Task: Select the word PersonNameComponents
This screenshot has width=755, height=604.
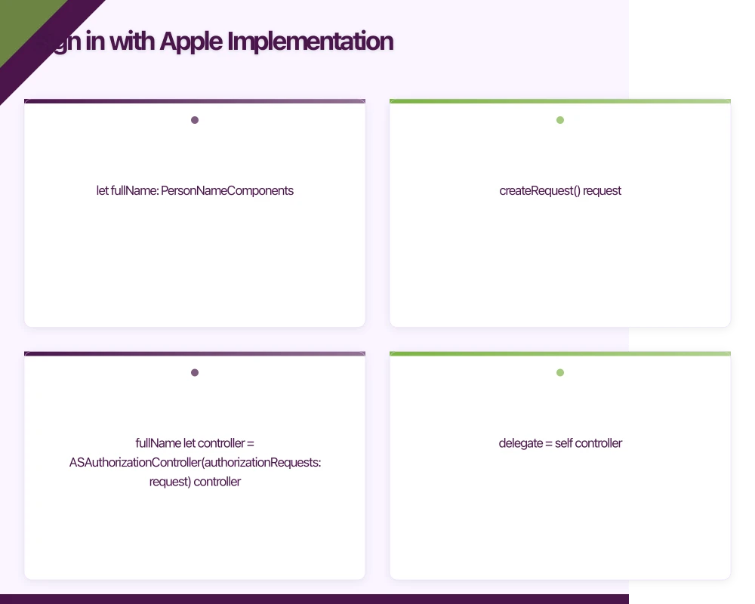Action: point(227,191)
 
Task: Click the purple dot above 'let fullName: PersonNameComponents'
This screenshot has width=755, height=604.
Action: point(195,120)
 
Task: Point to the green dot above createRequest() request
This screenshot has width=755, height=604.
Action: point(560,120)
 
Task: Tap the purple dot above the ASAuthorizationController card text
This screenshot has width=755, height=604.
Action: point(195,372)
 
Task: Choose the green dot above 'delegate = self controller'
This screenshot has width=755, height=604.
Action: point(560,372)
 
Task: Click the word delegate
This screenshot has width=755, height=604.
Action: point(520,443)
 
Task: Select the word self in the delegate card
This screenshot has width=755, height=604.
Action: point(564,443)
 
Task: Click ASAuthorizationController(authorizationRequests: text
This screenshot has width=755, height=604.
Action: point(195,462)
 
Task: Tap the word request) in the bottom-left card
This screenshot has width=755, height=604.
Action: point(170,482)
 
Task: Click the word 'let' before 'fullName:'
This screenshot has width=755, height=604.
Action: point(102,191)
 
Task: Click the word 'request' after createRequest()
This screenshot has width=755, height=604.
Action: point(602,191)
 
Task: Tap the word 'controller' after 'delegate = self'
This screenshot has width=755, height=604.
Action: point(599,443)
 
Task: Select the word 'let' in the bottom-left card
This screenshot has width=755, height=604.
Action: point(189,443)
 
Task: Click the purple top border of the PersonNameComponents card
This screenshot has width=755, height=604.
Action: point(195,101)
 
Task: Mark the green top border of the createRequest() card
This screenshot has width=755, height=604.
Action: point(560,101)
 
